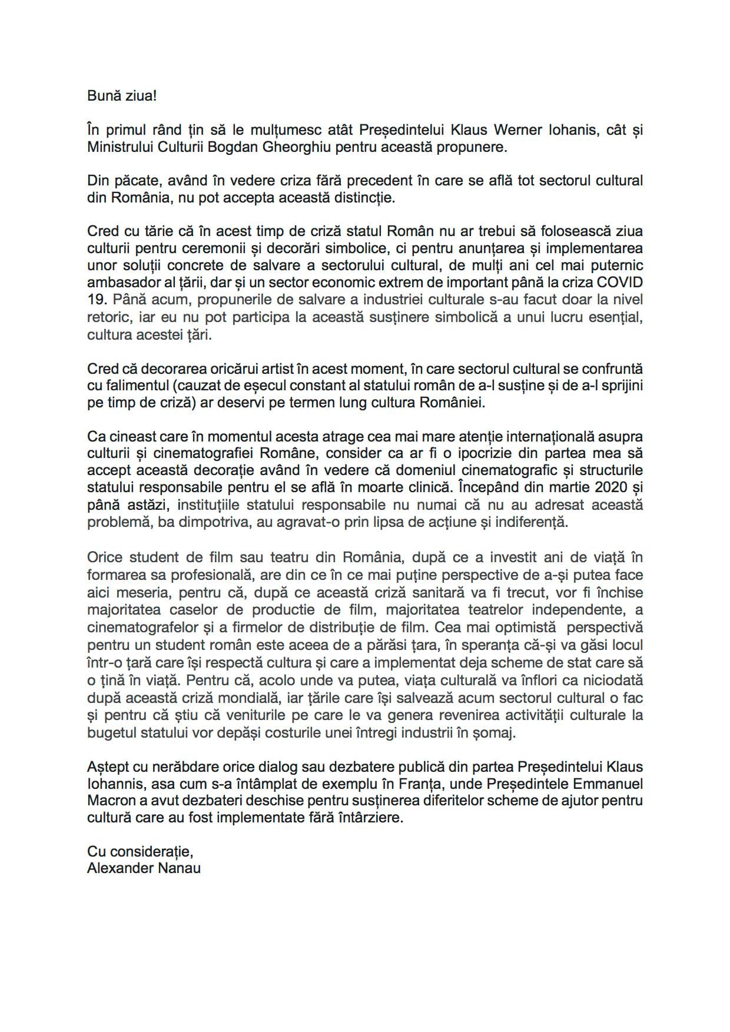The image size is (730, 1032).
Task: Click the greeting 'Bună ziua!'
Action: (x=122, y=95)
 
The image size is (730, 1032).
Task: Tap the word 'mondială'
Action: (x=252, y=698)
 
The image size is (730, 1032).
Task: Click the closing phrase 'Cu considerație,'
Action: (x=140, y=851)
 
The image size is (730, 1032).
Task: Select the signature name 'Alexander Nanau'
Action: (x=144, y=868)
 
